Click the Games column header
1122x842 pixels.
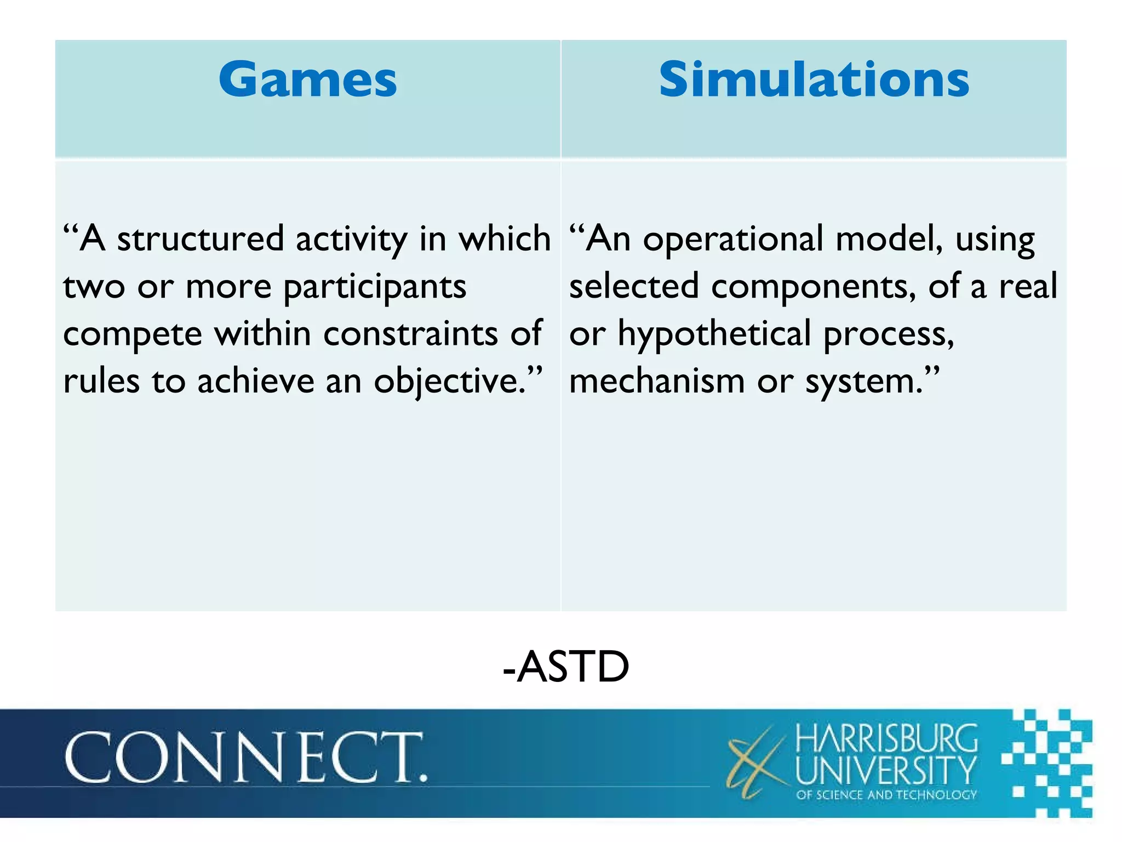pyautogui.click(x=307, y=81)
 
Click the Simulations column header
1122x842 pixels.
pyautogui.click(x=814, y=81)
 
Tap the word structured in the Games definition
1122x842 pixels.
pyautogui.click(x=201, y=239)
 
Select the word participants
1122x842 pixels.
pyautogui.click(x=375, y=287)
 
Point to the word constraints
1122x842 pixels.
pyautogui.click(x=410, y=333)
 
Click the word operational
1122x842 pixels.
pyautogui.click(x=733, y=239)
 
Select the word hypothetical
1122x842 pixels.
pyautogui.click(x=714, y=333)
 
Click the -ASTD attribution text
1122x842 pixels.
pyautogui.click(x=566, y=667)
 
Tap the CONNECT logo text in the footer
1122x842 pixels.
pyautogui.click(x=245, y=758)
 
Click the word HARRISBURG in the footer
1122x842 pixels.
pyautogui.click(x=886, y=739)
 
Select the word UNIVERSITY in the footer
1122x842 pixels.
pyautogui.click(x=886, y=770)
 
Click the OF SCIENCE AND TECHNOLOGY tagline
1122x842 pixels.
pyautogui.click(x=886, y=795)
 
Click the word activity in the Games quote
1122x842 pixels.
pyautogui.click(x=351, y=239)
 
